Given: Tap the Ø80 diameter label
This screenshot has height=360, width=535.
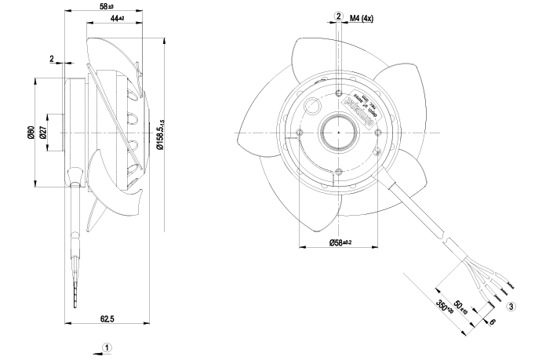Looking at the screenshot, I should point(30,133).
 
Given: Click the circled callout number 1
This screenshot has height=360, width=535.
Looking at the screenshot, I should point(107,346).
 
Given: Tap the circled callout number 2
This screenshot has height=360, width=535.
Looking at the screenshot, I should point(338,15).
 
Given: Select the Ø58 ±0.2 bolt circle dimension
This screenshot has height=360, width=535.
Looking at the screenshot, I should point(338,242).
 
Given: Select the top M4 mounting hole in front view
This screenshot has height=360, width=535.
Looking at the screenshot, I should point(338,96).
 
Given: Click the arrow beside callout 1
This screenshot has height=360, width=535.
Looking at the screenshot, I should point(96,352).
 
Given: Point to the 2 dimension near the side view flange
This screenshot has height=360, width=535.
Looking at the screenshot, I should point(51,59).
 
